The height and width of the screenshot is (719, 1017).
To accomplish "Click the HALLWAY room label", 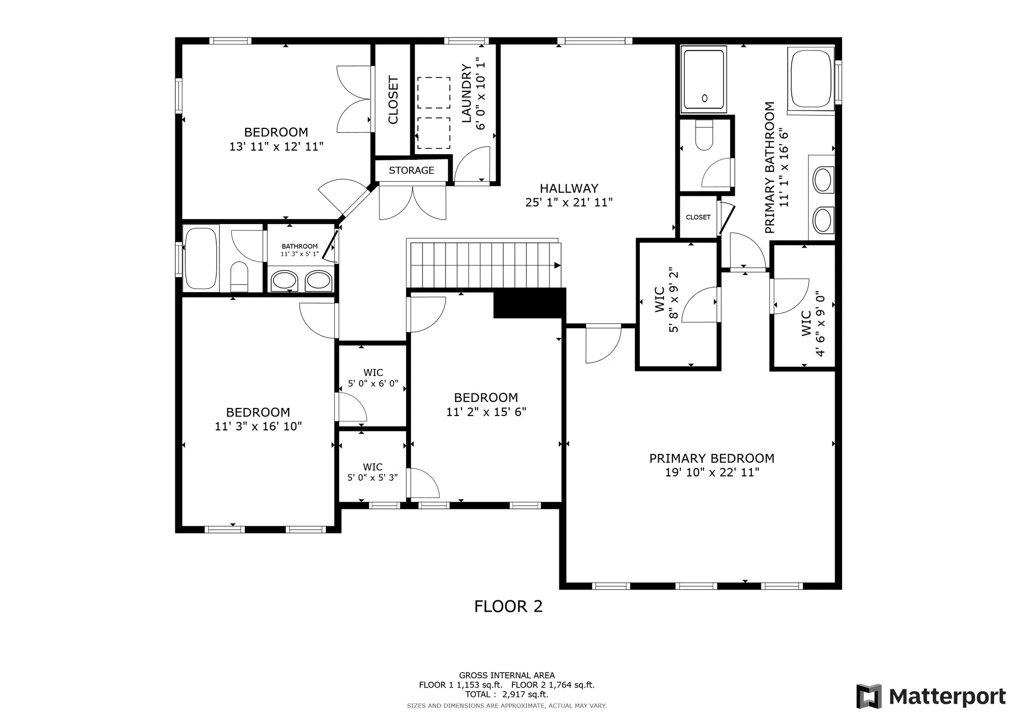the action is pyautogui.click(x=569, y=189).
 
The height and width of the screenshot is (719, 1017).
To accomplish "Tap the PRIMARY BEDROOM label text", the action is pyautogui.click(x=712, y=458).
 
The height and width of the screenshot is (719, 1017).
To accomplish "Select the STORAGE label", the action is pyautogui.click(x=412, y=170).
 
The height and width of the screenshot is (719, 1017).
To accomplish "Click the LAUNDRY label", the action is pyautogui.click(x=467, y=93).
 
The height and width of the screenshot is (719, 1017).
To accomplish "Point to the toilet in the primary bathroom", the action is pyautogui.click(x=704, y=135).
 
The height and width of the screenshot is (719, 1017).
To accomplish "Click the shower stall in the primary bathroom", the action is pyautogui.click(x=704, y=79).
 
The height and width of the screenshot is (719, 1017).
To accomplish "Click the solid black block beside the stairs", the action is pyautogui.click(x=529, y=303).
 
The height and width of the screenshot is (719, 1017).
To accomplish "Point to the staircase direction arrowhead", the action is pyautogui.click(x=557, y=265).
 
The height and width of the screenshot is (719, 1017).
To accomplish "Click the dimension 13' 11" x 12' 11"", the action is pyautogui.click(x=276, y=147).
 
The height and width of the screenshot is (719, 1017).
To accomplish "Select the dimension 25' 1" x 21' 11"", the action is pyautogui.click(x=569, y=202).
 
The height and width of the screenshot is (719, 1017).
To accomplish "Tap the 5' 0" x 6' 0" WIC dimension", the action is pyautogui.click(x=373, y=383).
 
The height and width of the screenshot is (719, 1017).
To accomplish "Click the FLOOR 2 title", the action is pyautogui.click(x=508, y=606).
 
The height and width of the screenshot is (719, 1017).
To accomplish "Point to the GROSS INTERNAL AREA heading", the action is pyautogui.click(x=507, y=676).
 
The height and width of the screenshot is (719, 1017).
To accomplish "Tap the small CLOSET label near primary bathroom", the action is pyautogui.click(x=698, y=217).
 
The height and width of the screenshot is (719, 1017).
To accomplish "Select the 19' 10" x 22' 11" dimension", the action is pyautogui.click(x=712, y=472).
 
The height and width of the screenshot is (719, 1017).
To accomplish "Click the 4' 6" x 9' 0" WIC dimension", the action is pyautogui.click(x=820, y=324).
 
